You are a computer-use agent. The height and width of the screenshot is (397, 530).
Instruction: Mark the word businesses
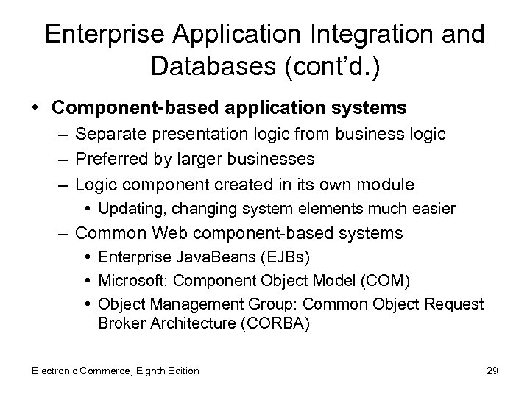pos(273,159)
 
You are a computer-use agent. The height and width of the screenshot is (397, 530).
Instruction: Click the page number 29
pos(492,371)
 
